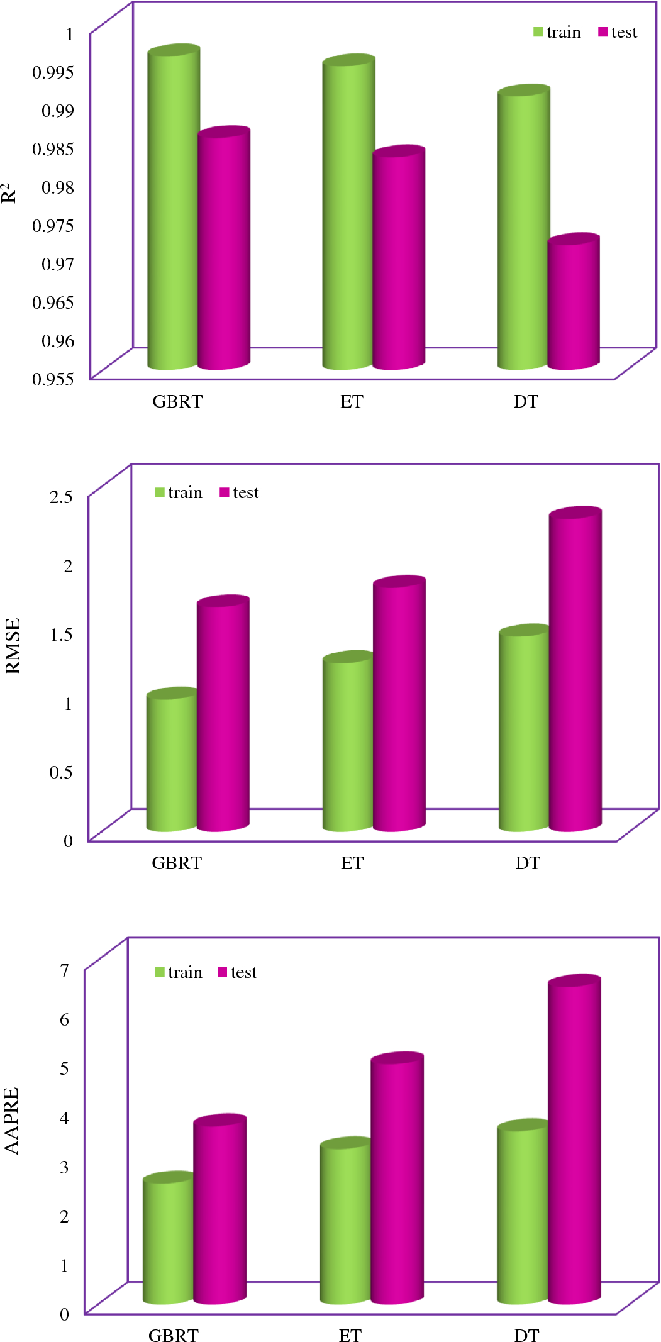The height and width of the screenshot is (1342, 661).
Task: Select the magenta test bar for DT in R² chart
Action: (572, 302)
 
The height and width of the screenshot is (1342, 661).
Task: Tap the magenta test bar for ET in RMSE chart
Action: (399, 704)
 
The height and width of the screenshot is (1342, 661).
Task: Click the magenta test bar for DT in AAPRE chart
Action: (574, 1138)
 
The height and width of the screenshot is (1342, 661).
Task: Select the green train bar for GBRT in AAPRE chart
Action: (167, 1239)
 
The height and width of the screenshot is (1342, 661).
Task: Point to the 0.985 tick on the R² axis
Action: (53, 149)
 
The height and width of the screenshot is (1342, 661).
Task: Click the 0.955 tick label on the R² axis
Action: (53, 379)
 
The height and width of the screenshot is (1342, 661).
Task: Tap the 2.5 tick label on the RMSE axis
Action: (62, 496)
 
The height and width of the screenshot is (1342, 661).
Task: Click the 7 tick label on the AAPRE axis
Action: (64, 970)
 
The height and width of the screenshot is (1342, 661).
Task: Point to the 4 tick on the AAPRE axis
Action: (64, 1117)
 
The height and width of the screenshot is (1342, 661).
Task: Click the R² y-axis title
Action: (9, 193)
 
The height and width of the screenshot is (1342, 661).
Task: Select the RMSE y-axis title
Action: (13, 646)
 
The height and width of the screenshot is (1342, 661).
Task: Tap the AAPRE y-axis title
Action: (11, 1121)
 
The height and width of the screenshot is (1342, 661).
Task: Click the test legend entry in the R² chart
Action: (618, 32)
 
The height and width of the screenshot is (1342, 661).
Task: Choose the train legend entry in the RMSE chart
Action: (179, 492)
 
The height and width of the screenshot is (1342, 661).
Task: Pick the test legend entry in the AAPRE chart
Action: (237, 972)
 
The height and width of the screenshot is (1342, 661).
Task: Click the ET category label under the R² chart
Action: (352, 401)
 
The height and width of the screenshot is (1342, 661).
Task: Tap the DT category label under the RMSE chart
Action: (528, 863)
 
